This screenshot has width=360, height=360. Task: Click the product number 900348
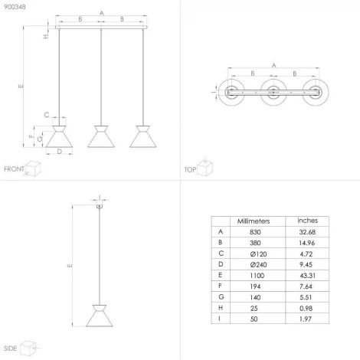click(15, 7)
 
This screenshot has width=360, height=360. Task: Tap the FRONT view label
click(14, 169)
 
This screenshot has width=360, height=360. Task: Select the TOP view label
click(190, 169)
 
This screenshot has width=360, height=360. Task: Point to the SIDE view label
click(10, 349)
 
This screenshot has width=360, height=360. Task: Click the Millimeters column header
click(254, 221)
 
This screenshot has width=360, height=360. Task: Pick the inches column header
click(307, 221)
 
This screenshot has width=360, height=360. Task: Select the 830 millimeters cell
click(255, 232)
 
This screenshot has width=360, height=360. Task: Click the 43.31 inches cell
click(307, 276)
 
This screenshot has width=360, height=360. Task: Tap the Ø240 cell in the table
click(258, 265)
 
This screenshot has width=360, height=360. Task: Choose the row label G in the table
click(221, 297)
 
